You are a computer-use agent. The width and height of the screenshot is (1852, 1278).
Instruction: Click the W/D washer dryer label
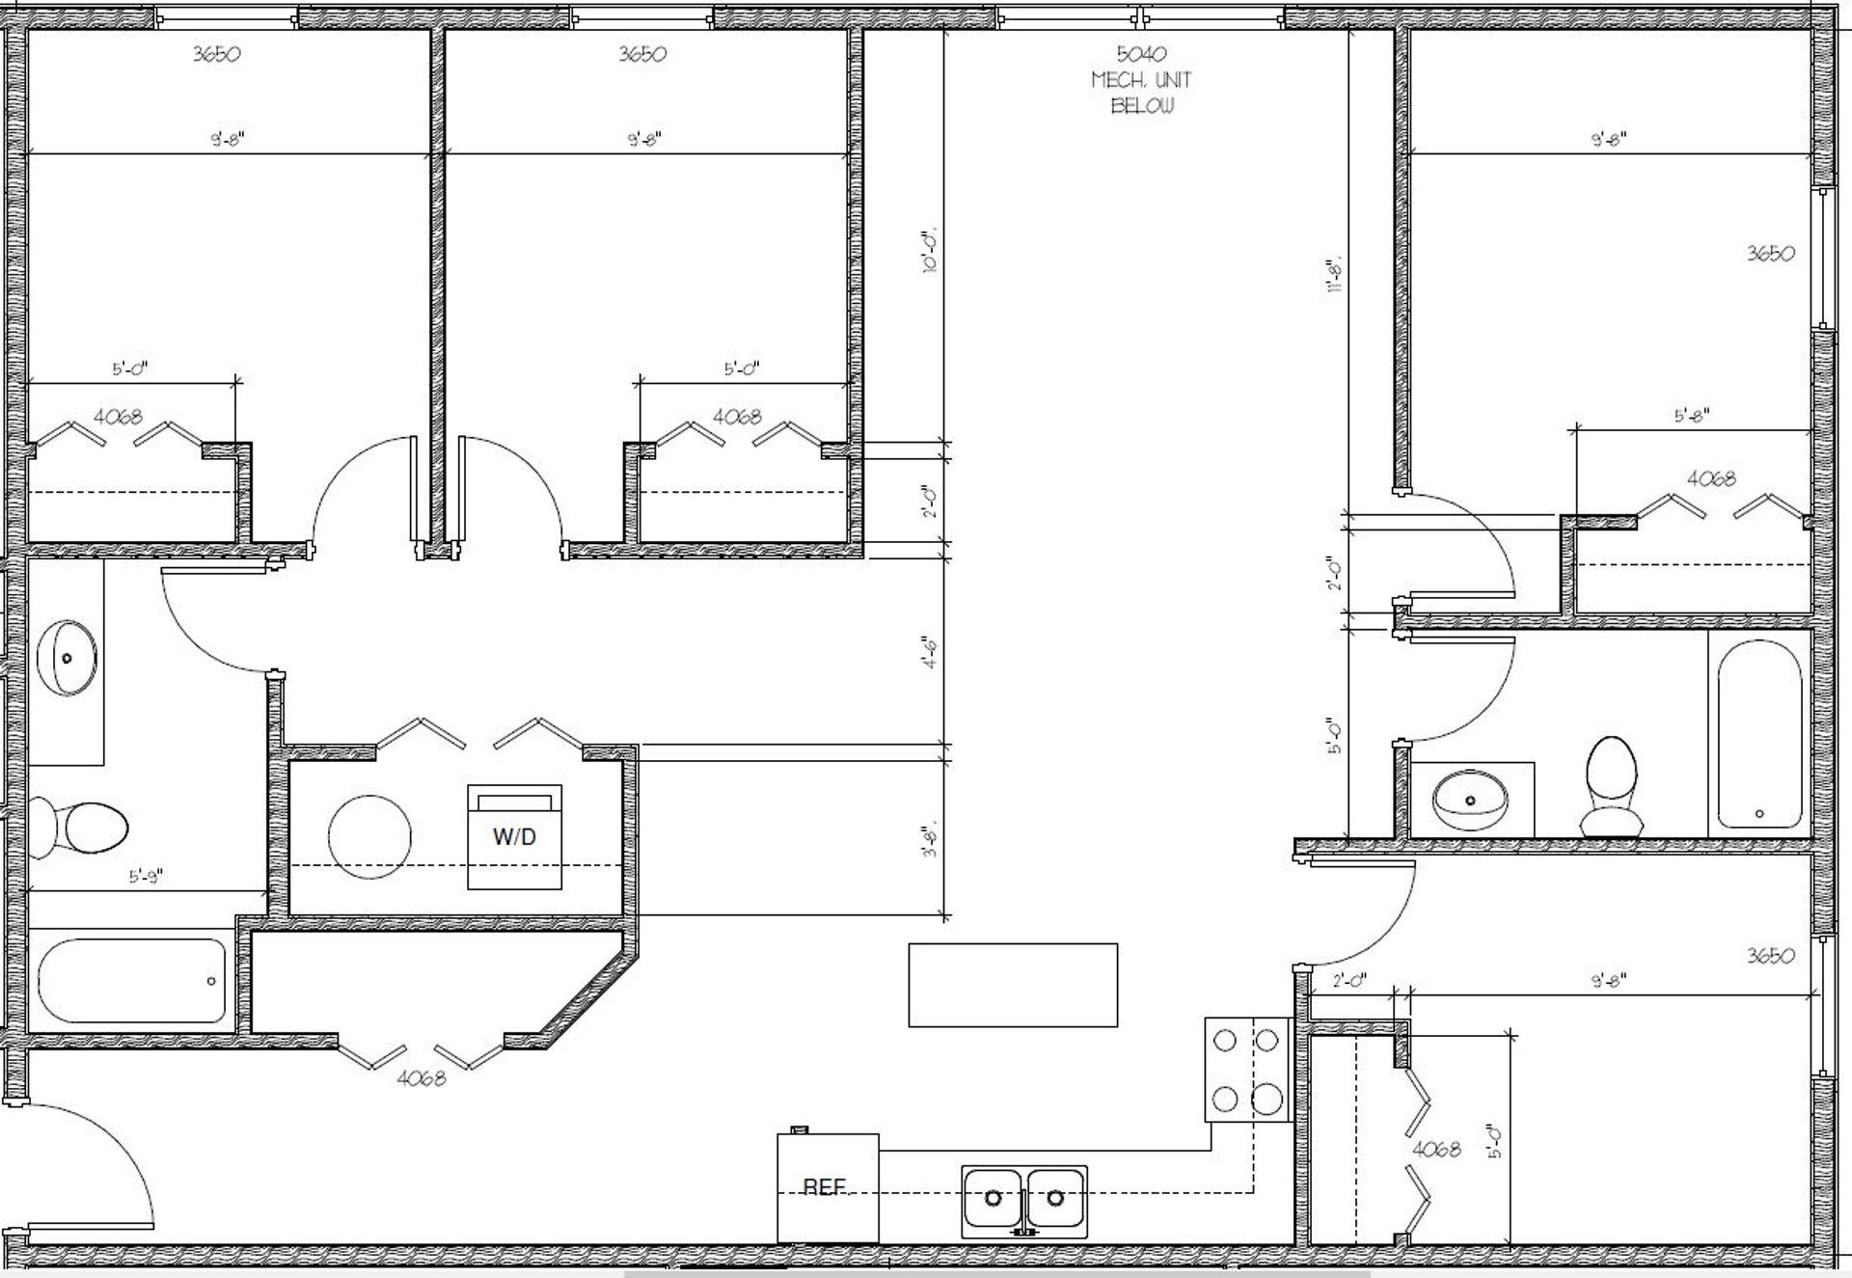click(514, 837)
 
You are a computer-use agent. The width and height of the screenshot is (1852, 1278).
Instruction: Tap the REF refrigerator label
click(825, 1187)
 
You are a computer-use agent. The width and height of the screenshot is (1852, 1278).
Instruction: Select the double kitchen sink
click(1023, 1200)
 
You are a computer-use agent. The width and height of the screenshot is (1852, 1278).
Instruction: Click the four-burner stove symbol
click(1246, 1069)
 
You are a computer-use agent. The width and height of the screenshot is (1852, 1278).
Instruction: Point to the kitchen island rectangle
click(1013, 985)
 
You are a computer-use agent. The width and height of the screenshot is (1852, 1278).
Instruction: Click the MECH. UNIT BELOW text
click(1142, 93)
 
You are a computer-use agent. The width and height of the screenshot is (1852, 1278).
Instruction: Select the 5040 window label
click(1142, 54)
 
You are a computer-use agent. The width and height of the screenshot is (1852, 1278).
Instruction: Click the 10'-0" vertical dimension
click(931, 253)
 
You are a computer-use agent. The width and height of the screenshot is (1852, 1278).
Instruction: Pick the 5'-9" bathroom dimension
click(147, 877)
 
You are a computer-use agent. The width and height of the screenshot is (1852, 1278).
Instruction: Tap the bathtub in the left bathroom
click(132, 981)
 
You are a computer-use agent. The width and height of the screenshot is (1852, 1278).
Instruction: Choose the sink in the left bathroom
click(67, 658)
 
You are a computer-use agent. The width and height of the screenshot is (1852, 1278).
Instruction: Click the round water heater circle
click(369, 836)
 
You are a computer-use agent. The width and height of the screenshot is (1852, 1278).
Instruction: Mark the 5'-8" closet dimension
click(1692, 416)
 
